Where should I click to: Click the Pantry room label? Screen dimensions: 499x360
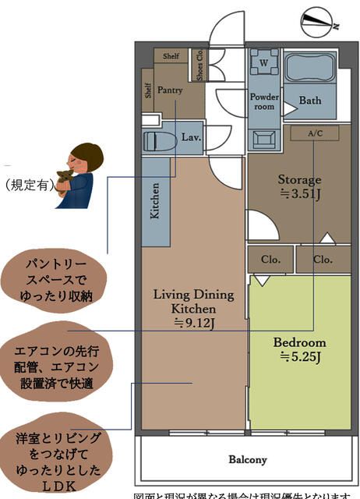point(170,90)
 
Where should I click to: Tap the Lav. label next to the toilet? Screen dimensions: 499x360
point(191,137)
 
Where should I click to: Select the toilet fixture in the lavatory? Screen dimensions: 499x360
point(160,140)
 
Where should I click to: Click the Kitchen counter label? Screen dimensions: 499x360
point(155,202)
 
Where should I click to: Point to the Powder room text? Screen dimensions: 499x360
point(264,101)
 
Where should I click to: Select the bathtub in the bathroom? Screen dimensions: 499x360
point(309,67)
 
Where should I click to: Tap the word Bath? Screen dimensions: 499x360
point(309,101)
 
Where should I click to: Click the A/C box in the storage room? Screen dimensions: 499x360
point(314,133)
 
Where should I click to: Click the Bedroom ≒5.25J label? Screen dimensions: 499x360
point(299,350)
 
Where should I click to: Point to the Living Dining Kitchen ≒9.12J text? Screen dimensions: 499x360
point(193,308)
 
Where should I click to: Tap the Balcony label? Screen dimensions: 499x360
point(248,459)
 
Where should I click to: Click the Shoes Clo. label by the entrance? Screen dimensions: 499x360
point(200,66)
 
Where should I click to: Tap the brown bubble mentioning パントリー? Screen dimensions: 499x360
point(52,277)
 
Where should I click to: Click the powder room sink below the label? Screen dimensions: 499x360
point(263,138)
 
